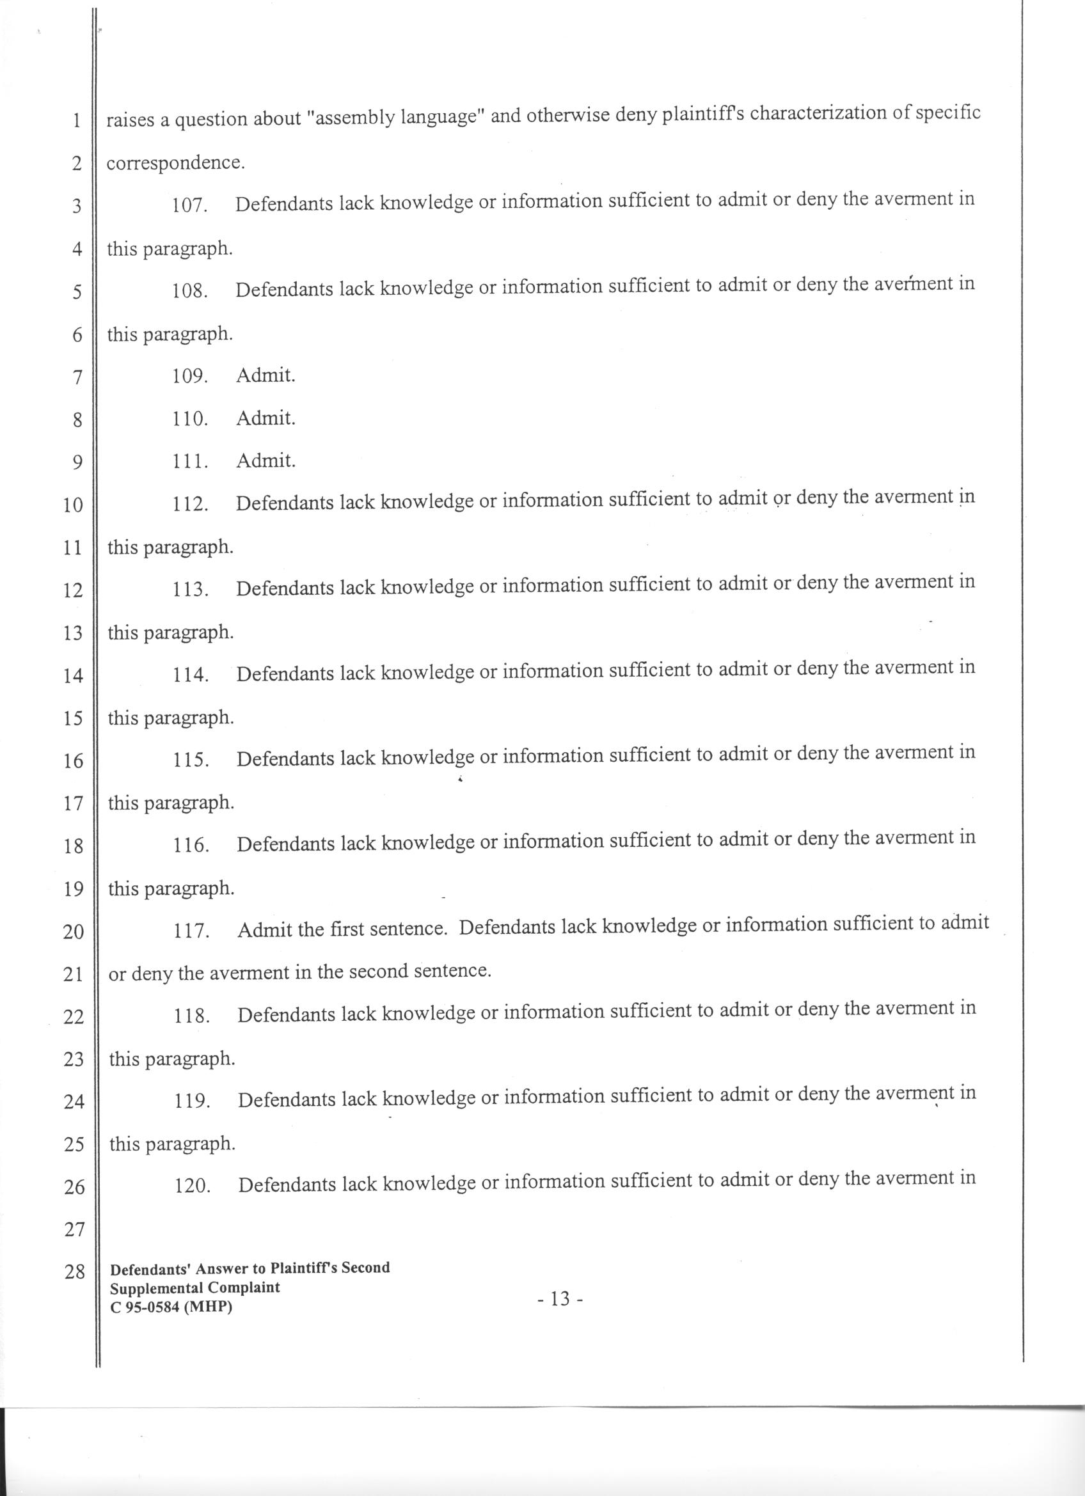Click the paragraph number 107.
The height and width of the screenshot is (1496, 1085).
tap(189, 205)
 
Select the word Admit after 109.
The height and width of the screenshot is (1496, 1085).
tap(265, 375)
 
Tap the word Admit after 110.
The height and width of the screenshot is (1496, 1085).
tap(265, 418)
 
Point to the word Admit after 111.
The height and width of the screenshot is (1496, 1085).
tap(265, 461)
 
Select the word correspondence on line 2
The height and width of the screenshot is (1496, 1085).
tap(175, 163)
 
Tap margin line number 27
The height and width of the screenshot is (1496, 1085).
tap(74, 1229)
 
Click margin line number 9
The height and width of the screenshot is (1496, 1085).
tap(77, 462)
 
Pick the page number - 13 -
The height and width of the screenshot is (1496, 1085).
tap(560, 1299)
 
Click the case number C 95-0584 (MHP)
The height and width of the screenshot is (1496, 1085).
tap(171, 1307)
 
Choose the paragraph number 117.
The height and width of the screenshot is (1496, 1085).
tap(191, 931)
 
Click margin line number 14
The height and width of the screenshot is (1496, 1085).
tap(73, 675)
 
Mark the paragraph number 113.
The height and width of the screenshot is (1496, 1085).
tap(191, 590)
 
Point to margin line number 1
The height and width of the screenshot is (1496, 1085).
tap(77, 122)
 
